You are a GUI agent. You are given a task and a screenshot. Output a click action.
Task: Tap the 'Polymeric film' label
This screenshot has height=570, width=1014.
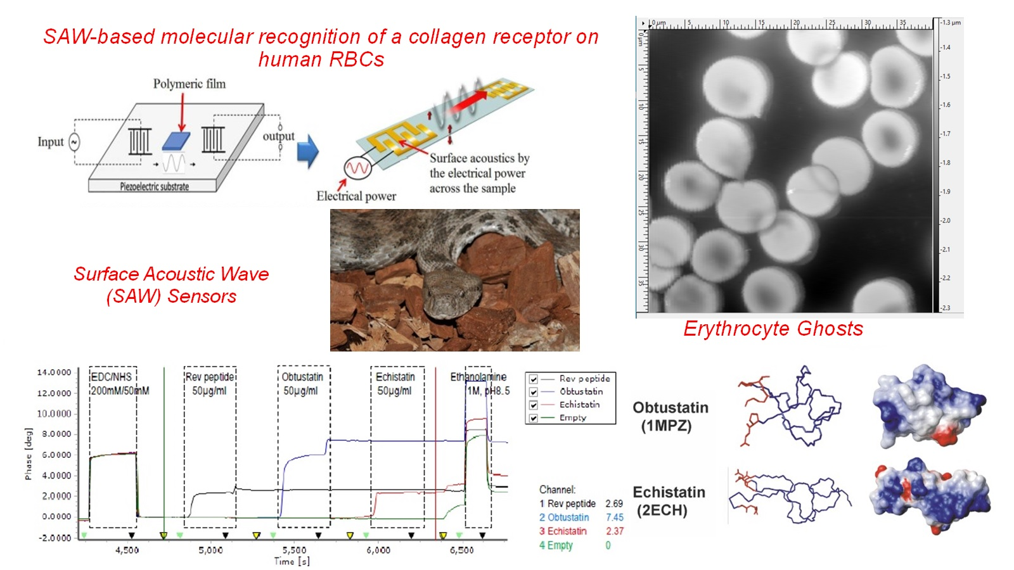point(189,84)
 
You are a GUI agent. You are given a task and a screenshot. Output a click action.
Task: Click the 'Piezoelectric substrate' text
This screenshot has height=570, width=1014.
point(154,187)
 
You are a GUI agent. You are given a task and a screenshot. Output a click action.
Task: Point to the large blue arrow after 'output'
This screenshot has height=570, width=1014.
point(308,151)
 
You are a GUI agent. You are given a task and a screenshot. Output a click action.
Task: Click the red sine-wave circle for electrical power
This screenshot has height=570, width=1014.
point(356,168)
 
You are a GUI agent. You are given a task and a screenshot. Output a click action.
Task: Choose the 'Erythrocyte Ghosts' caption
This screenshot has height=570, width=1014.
point(773,329)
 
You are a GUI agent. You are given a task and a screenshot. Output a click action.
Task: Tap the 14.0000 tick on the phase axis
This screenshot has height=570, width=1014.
point(54,372)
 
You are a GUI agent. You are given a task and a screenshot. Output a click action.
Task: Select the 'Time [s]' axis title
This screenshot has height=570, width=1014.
point(292,561)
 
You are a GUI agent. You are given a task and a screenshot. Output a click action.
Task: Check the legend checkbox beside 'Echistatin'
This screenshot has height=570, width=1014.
point(534,405)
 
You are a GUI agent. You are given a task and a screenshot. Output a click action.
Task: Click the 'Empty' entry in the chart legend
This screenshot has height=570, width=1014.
point(573,418)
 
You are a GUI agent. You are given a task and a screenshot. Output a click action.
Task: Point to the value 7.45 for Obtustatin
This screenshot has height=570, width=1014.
point(614,517)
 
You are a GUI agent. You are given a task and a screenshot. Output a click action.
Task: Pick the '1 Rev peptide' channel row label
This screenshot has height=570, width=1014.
point(567,503)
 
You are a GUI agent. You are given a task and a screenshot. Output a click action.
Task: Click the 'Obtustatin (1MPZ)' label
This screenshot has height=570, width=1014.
point(670,416)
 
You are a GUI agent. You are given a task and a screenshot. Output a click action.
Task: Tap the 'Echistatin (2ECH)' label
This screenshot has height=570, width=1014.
point(669,501)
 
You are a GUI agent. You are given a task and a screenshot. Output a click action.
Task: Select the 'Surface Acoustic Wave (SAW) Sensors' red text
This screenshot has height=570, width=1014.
point(171,285)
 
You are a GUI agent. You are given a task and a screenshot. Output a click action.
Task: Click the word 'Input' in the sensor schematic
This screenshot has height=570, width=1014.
point(51,142)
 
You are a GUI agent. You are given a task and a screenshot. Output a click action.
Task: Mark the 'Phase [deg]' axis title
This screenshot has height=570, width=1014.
point(28,452)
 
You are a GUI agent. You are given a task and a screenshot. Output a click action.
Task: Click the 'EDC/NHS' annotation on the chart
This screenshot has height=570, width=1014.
point(112,377)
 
